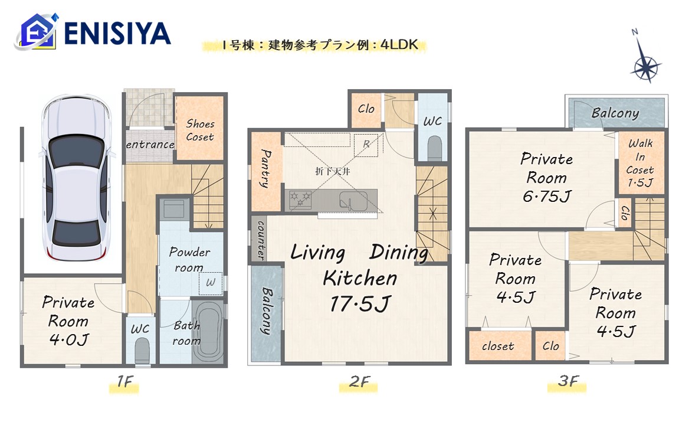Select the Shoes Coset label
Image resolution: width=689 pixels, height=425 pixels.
click(200, 130)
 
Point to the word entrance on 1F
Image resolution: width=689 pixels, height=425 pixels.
click(150, 145)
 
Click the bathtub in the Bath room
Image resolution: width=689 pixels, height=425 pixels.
click(208, 331)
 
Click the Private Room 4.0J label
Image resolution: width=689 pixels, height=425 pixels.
click(68, 321)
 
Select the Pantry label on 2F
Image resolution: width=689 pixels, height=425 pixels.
click(265, 168)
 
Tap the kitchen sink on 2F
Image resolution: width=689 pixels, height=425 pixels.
click(353, 201)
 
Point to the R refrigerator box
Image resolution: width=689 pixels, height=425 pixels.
click(366, 145)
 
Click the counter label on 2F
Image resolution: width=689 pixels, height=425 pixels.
click(261, 240)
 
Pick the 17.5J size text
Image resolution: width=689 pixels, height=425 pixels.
click(360, 303)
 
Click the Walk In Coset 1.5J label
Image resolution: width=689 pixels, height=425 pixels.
click(640, 162)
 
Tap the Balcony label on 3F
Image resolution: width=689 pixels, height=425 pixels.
click(615, 113)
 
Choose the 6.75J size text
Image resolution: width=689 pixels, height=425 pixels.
click(547, 196)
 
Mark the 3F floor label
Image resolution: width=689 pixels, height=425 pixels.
click(568, 381)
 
